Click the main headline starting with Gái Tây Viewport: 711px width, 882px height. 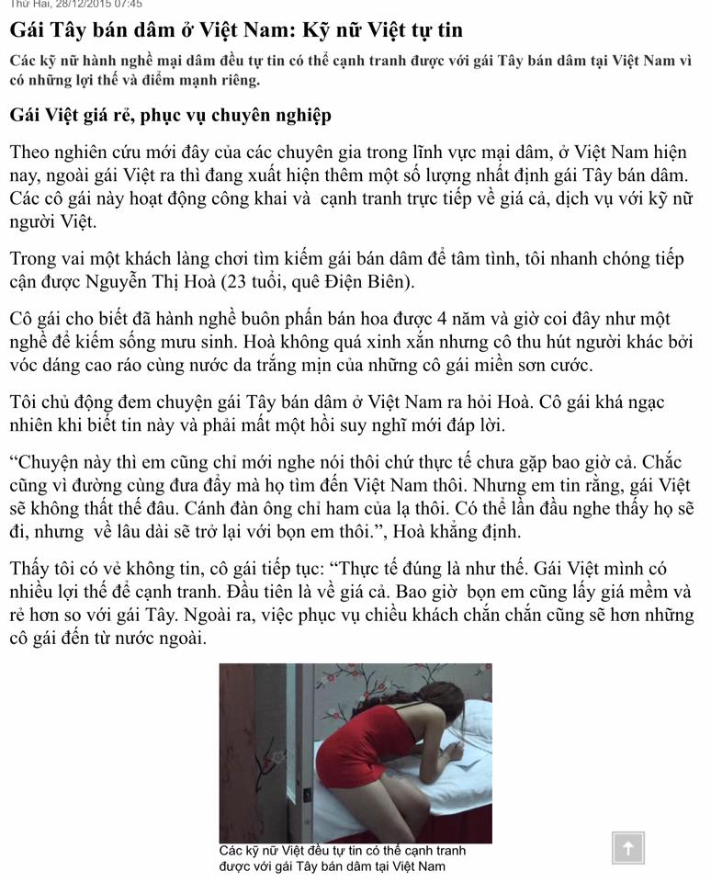click(x=236, y=29)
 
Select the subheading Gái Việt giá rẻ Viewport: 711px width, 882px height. click(x=170, y=117)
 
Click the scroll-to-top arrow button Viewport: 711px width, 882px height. click(x=628, y=848)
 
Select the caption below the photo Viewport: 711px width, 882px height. click(x=342, y=859)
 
